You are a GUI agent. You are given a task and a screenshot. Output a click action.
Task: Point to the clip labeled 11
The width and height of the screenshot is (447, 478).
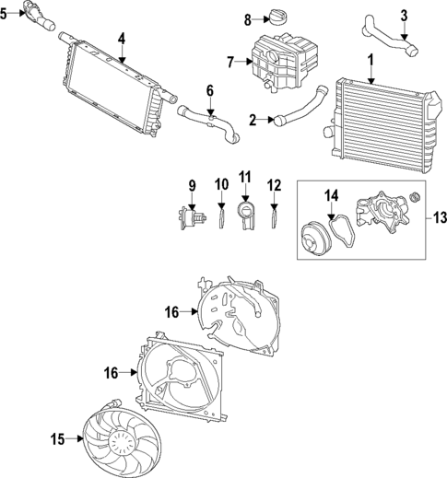coord(245,216)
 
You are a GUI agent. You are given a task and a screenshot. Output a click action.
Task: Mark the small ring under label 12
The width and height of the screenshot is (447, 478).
coord(274,217)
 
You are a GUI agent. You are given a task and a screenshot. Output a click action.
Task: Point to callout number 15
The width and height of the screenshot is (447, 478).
coord(58,440)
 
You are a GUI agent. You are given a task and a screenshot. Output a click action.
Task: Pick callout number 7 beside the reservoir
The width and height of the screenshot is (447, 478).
coord(231,63)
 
